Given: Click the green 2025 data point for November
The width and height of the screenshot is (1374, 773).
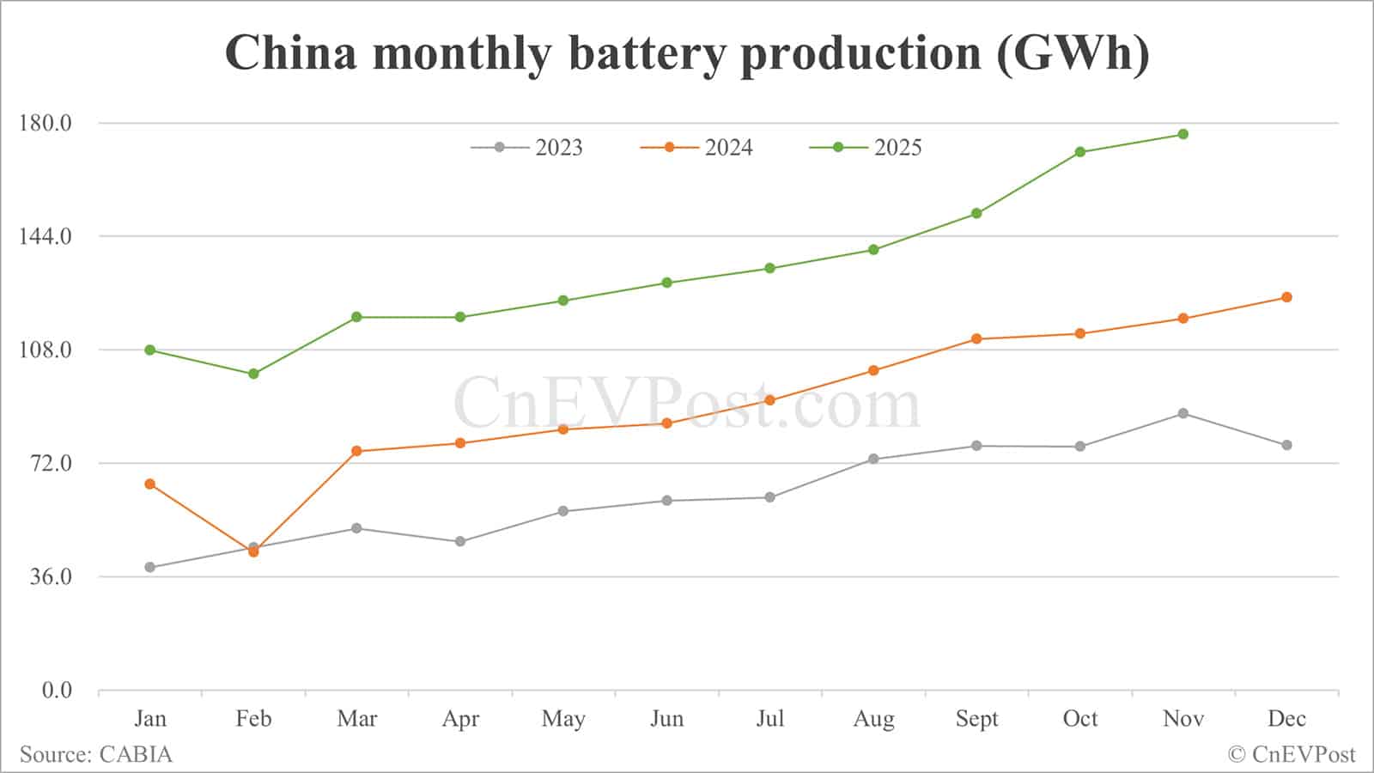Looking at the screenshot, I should tap(1183, 134).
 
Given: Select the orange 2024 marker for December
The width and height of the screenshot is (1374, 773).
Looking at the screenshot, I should tap(1286, 297).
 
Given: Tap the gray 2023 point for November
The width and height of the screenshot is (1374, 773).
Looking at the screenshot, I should tap(1183, 413).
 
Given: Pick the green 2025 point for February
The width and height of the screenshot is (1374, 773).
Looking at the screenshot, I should tap(253, 374).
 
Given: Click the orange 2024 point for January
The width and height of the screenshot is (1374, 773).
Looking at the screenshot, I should tap(150, 484).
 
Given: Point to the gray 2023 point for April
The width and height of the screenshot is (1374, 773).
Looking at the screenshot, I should tap(460, 541).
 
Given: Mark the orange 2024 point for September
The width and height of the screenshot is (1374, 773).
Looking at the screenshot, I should tap(976, 338).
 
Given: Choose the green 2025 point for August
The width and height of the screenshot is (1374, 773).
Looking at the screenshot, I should tap(873, 250).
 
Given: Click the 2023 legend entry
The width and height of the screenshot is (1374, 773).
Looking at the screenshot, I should tap(527, 148).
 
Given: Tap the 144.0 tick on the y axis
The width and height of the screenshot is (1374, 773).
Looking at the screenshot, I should tap(46, 236).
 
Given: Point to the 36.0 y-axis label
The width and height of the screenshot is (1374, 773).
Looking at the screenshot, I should tap(51, 576).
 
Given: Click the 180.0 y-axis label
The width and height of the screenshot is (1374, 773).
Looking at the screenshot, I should tap(46, 123).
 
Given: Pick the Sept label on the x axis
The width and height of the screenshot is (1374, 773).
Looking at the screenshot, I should tap(976, 718).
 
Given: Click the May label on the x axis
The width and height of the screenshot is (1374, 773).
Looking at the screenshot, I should tap(563, 718).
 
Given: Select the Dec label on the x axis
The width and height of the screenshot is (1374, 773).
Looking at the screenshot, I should tap(1286, 718).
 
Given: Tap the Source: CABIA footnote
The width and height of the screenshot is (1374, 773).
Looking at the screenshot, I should tap(96, 754).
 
